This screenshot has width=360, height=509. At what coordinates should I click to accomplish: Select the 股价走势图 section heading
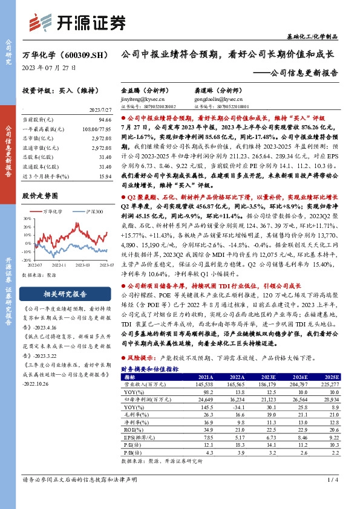click(39, 196)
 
